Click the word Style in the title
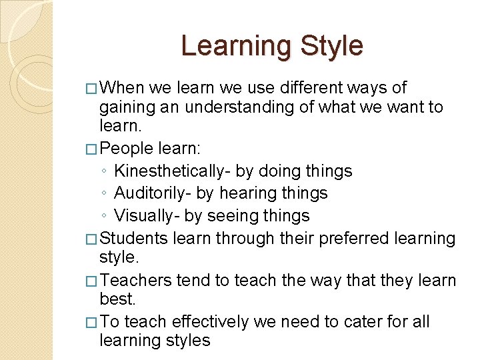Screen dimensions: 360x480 tap(332, 46)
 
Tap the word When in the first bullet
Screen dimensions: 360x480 tap(125, 88)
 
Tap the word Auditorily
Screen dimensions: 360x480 tap(151, 193)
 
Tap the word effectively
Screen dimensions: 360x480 tap(209, 322)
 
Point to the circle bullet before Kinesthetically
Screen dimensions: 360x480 tap(105, 172)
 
